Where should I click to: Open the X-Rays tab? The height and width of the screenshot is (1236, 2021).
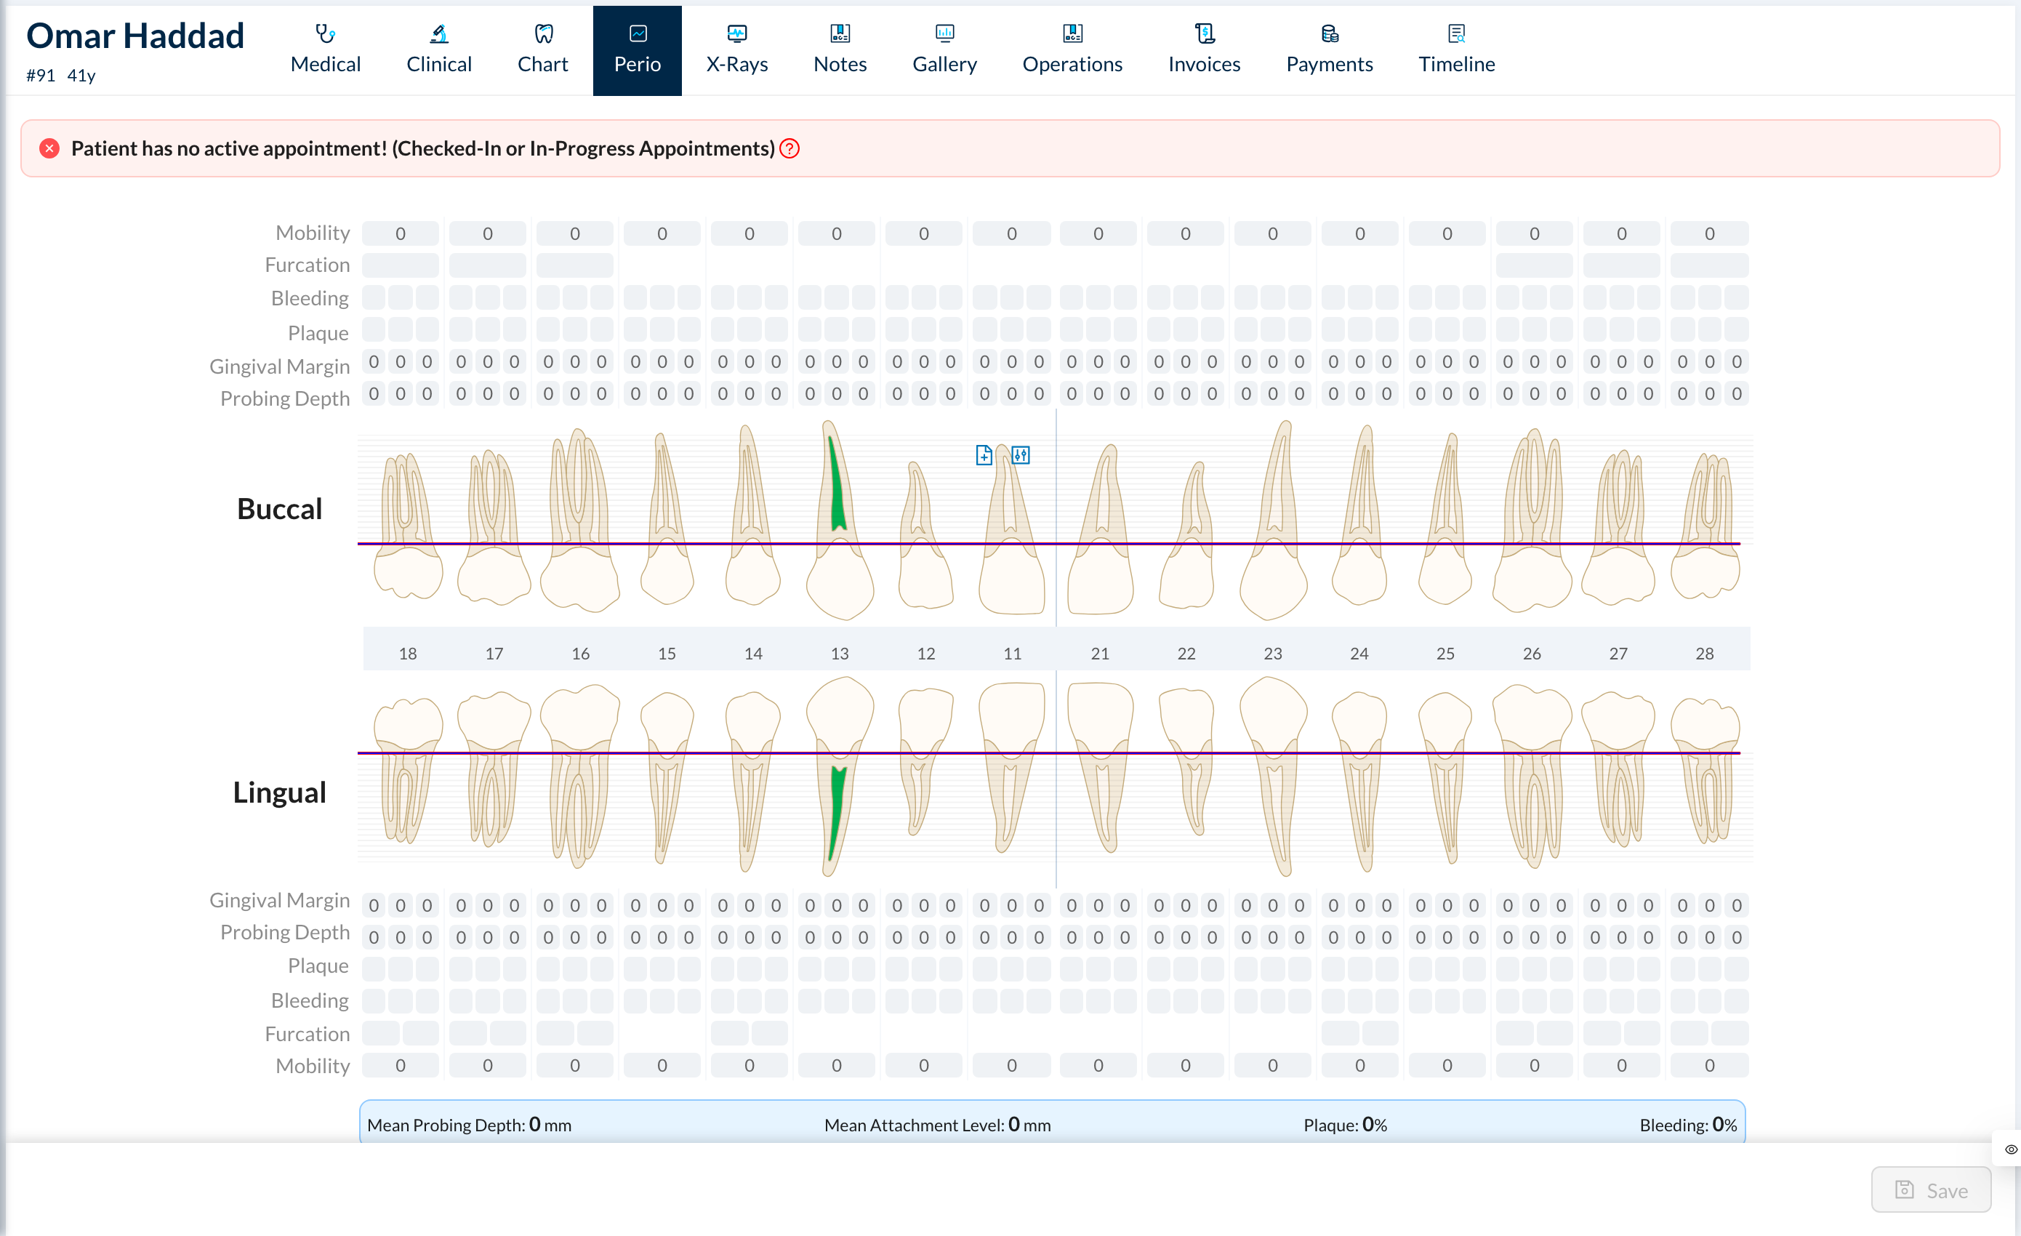click(x=736, y=50)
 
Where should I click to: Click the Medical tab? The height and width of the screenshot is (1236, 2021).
click(x=325, y=50)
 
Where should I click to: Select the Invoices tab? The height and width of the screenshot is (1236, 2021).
click(x=1203, y=50)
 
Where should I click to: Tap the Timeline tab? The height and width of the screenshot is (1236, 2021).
click(x=1456, y=50)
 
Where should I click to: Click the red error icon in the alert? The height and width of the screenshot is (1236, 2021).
click(x=49, y=148)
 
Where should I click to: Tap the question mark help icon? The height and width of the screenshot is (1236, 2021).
click(x=789, y=148)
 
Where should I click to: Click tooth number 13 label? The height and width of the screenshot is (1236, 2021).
click(x=839, y=654)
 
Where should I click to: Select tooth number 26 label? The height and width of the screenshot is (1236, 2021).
click(x=1531, y=654)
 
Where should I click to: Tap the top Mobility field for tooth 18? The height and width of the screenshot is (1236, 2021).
click(x=401, y=233)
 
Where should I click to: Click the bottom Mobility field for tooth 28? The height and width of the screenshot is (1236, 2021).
click(x=1709, y=1065)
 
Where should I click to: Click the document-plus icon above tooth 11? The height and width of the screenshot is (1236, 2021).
click(x=984, y=455)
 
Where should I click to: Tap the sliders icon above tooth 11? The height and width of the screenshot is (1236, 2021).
click(x=1021, y=455)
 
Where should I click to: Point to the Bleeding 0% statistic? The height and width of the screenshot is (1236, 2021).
click(x=1688, y=1125)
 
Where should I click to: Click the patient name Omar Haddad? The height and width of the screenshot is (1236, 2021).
click(x=135, y=36)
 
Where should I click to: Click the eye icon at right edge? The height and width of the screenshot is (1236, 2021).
click(x=2010, y=1149)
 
